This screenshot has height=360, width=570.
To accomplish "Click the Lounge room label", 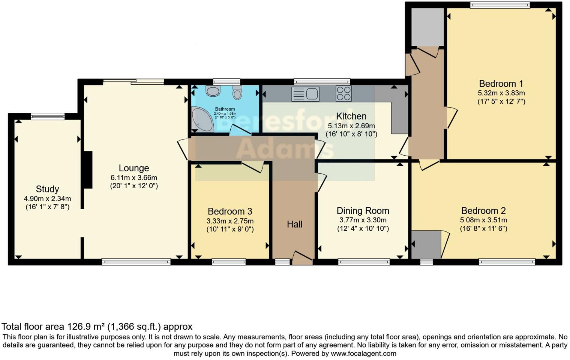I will coord(134,168).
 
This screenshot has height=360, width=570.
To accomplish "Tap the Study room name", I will coord(47,189).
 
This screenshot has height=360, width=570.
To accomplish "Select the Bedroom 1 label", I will coord(501,84).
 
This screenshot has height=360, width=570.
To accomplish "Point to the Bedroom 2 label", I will coord(483,211).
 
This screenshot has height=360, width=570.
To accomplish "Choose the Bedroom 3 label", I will coord(230,211).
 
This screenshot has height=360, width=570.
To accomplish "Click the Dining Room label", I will coord(363,211).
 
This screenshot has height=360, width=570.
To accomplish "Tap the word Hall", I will coord(294,224).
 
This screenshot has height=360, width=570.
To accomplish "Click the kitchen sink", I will coord(305,94).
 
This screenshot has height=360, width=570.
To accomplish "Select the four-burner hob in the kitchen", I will coord(343,94).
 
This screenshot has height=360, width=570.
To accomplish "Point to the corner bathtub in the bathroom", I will coord(202,120).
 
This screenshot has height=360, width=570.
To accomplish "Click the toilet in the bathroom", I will coord(237,92).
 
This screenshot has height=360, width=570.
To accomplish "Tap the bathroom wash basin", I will coord(213,91).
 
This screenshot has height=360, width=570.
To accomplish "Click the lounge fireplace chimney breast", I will coord(87,169).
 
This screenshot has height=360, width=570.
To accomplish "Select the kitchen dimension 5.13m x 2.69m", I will coord(351,126).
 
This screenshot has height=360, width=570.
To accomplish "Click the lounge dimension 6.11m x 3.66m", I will coord(134,178).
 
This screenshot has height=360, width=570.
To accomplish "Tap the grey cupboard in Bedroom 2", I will coord(426,244).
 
